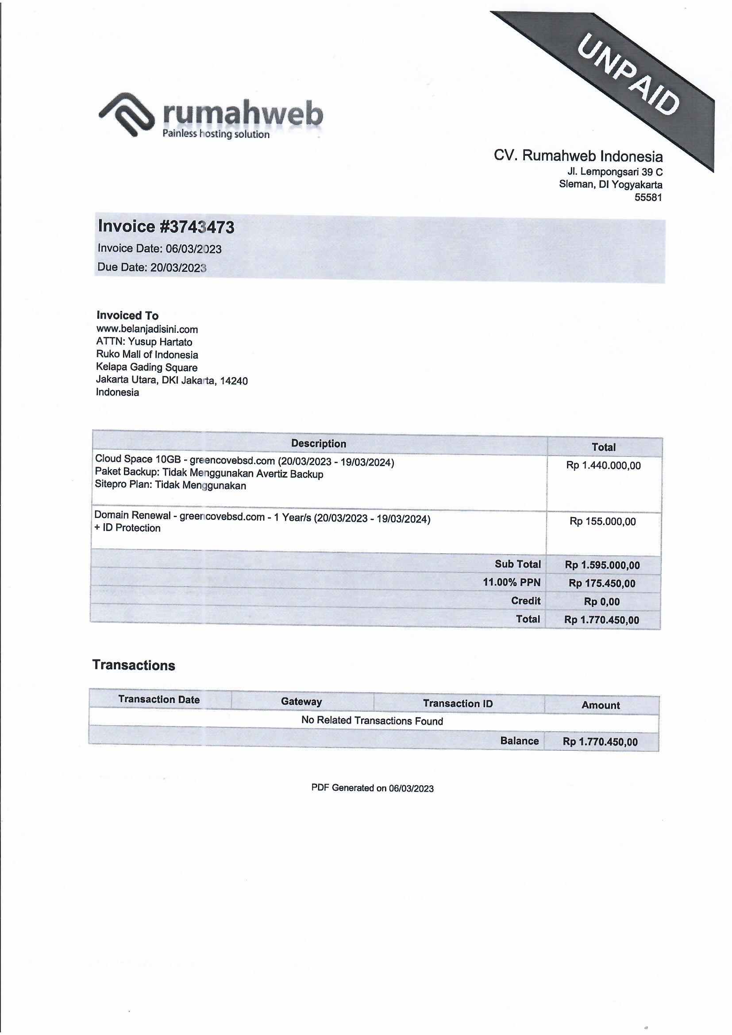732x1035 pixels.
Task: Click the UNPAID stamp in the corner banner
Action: (x=628, y=76)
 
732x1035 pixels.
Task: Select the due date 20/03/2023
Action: (x=178, y=268)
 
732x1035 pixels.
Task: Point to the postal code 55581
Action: (x=648, y=197)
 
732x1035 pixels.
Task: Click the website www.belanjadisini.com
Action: (x=147, y=329)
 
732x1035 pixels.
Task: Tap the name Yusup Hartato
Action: (x=160, y=342)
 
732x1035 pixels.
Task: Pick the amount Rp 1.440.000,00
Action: (x=603, y=466)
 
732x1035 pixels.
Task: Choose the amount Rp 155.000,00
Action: (x=603, y=521)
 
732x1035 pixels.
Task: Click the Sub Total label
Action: (x=517, y=564)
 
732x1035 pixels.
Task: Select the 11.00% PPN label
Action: (x=511, y=583)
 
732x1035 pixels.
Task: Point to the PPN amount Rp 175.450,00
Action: (x=602, y=583)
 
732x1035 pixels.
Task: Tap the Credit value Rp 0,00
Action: (x=602, y=602)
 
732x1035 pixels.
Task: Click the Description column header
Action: (x=318, y=444)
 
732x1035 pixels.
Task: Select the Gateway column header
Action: (x=301, y=701)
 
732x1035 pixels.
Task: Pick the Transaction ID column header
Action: (x=458, y=703)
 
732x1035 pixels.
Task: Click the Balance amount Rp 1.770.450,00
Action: (x=600, y=741)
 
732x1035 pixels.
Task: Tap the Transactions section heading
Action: (x=133, y=665)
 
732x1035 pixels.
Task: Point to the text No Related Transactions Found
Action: (x=372, y=720)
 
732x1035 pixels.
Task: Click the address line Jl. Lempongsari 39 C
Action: (x=615, y=172)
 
